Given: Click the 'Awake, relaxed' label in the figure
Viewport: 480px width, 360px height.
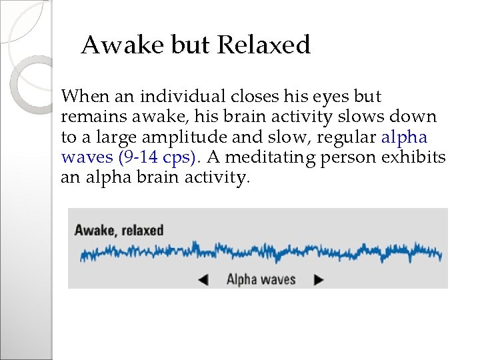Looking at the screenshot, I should click(119, 231).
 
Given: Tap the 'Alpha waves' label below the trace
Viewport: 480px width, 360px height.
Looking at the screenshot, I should click(261, 279).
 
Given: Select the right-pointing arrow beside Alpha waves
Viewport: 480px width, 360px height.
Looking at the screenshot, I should click(319, 280).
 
